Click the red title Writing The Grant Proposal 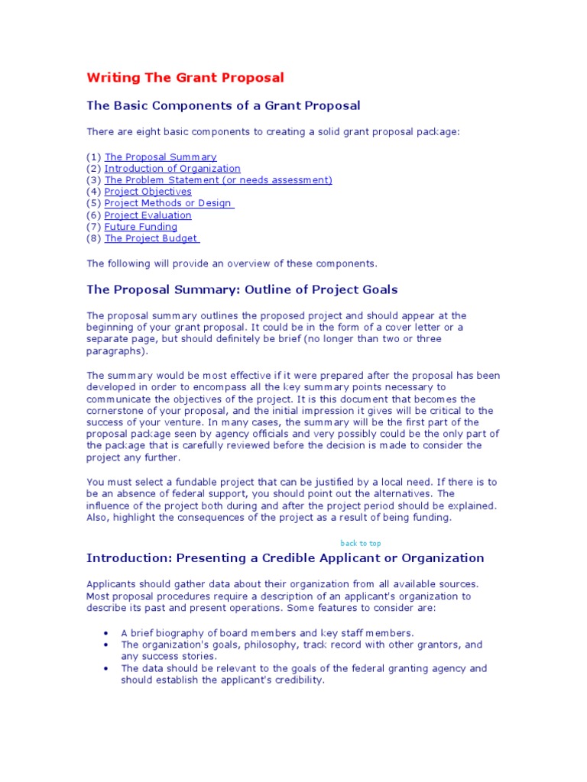tap(185, 78)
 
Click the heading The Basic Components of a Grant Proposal tap(223, 105)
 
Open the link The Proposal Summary tap(161, 157)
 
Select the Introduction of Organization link tap(172, 169)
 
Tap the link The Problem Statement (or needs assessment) tap(218, 180)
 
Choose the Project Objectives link tap(148, 192)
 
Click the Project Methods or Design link tap(169, 203)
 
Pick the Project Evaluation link tap(148, 215)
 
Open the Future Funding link tap(141, 227)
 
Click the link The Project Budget tap(151, 238)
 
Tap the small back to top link tap(360, 543)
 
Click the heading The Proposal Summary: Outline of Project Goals tap(242, 290)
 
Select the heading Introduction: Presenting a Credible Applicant tap(285, 558)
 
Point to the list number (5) tap(93, 203)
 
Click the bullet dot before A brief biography tap(105, 633)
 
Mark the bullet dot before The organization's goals tap(105, 645)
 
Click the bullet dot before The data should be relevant tap(105, 669)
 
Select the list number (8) tap(93, 238)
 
